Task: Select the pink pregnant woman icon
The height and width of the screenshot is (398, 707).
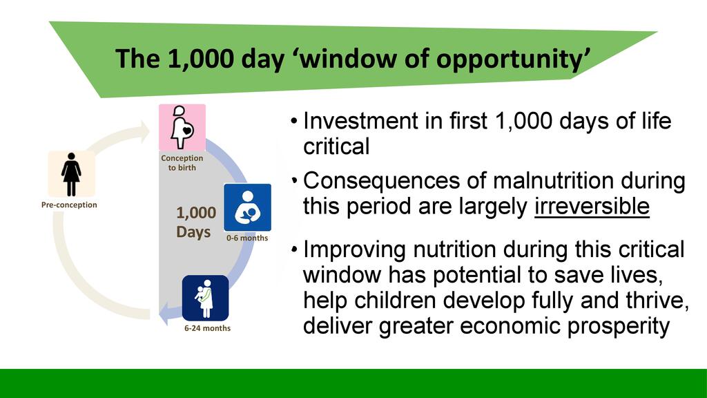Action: pyautogui.click(x=182, y=128)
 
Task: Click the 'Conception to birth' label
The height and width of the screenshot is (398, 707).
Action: pyautogui.click(x=182, y=163)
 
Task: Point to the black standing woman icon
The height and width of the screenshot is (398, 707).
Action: pyautogui.click(x=71, y=175)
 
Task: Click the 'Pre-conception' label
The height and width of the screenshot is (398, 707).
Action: pyautogui.click(x=69, y=205)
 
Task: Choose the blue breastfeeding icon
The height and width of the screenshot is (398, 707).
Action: pyautogui.click(x=248, y=207)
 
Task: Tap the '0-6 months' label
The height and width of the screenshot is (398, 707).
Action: pyautogui.click(x=247, y=238)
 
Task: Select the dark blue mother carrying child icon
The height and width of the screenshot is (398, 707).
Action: pyautogui.click(x=206, y=298)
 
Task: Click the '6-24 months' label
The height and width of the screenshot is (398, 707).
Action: pyautogui.click(x=207, y=328)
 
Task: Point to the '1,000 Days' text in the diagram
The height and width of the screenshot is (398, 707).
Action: pyautogui.click(x=195, y=222)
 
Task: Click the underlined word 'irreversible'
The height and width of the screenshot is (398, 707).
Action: pyautogui.click(x=592, y=207)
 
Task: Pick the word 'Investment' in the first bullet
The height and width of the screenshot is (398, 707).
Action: pyautogui.click(x=361, y=121)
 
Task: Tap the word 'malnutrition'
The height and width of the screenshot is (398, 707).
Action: pyautogui.click(x=553, y=180)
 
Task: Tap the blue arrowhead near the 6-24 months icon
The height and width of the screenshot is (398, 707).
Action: pyautogui.click(x=165, y=313)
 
